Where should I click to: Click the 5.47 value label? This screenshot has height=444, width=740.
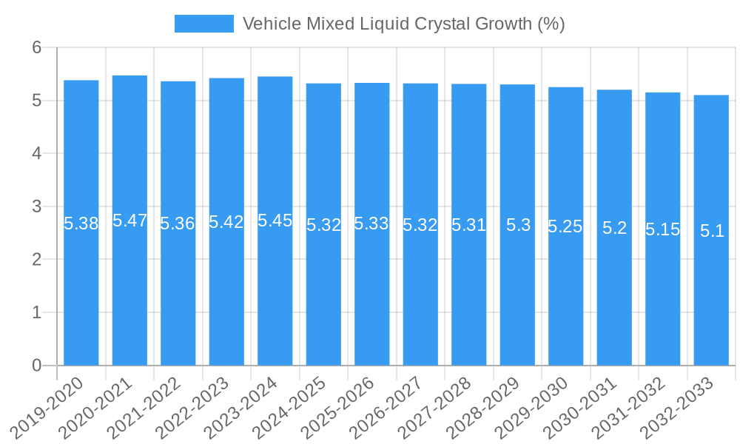click(x=129, y=221)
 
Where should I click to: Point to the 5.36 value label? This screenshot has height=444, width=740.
click(x=178, y=223)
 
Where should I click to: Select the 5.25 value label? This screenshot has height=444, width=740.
click(x=565, y=226)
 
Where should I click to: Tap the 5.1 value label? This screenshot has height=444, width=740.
click(x=712, y=231)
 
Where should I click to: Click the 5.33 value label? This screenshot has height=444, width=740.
click(x=371, y=223)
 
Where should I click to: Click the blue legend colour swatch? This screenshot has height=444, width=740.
click(x=203, y=24)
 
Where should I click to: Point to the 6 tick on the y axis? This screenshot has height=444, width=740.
click(x=36, y=47)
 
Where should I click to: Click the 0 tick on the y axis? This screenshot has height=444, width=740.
click(x=36, y=366)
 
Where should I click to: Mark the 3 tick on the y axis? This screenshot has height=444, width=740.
click(x=36, y=206)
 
